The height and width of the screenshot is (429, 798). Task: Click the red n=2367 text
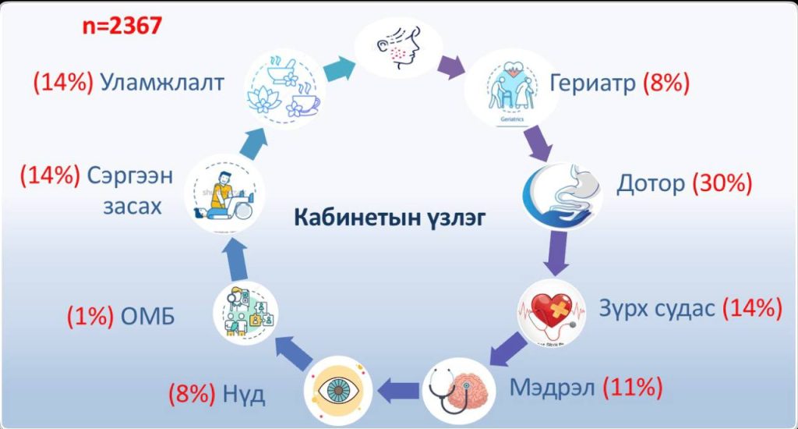(x=122, y=25)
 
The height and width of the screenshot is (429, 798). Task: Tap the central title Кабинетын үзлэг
(x=390, y=218)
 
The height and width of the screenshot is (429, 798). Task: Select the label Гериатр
(x=593, y=83)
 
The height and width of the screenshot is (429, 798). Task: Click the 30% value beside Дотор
(x=722, y=183)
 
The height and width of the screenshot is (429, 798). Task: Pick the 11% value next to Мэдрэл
(x=633, y=387)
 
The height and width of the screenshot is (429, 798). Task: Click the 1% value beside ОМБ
(x=90, y=316)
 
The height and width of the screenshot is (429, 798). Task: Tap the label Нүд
(x=244, y=394)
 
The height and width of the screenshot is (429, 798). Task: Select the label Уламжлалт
(x=162, y=83)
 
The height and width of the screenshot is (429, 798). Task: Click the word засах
(x=132, y=207)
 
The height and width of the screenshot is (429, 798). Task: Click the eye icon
(x=338, y=392)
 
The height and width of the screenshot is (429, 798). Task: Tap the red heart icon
(x=552, y=313)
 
